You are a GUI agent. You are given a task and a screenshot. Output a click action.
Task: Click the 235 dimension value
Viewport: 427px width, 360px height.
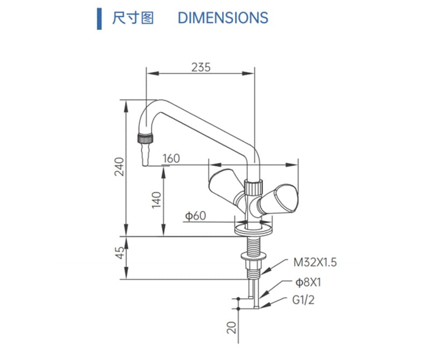201,67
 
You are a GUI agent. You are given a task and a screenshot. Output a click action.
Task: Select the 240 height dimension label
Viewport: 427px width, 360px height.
119,166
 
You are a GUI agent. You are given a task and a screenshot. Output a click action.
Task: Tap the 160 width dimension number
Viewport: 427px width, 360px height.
171,158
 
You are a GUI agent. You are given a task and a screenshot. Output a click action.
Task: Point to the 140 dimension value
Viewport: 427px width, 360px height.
156,200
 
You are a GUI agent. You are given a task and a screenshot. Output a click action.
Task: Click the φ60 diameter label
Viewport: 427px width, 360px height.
195,216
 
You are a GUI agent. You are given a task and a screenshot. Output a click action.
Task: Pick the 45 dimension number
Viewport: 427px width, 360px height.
119,252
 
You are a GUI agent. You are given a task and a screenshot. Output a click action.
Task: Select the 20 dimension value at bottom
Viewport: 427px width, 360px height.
231,328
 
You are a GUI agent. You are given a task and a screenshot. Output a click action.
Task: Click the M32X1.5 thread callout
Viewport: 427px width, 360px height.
315,262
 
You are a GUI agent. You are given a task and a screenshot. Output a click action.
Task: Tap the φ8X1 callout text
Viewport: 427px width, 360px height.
308,282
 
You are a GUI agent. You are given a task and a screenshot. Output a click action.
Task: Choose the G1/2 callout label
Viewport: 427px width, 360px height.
303,300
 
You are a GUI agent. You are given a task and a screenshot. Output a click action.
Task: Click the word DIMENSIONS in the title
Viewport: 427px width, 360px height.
223,18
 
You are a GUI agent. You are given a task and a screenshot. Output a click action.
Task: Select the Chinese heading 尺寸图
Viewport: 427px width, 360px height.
133,18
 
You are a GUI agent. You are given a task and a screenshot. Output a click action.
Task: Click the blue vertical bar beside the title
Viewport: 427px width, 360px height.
99,19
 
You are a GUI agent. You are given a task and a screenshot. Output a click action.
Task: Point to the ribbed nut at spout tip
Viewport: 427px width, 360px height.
145,138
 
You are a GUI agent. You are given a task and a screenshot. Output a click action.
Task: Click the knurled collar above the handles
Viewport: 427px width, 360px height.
254,187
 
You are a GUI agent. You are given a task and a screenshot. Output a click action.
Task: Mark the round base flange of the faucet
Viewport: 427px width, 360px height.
253,229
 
